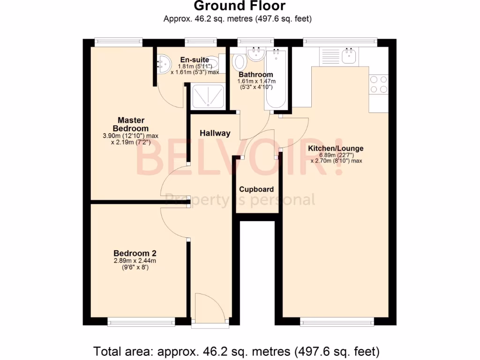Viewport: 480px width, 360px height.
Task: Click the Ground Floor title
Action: click(240, 6)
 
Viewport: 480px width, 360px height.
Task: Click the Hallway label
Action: click(215, 133)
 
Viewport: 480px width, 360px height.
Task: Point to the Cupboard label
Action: click(256, 189)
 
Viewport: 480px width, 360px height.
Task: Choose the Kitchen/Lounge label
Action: click(335, 149)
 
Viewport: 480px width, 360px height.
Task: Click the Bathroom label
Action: click(255, 75)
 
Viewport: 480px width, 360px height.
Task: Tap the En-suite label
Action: click(195, 60)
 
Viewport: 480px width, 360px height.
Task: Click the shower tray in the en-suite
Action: click(206, 96)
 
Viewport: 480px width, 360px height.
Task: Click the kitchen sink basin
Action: click(349, 57)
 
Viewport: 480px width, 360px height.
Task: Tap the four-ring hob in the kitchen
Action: click(379, 84)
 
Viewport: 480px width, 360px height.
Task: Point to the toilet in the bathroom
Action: click(240, 61)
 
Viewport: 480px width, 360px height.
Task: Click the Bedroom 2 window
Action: click(141, 322)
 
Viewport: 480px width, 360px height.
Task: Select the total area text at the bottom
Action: click(236, 351)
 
